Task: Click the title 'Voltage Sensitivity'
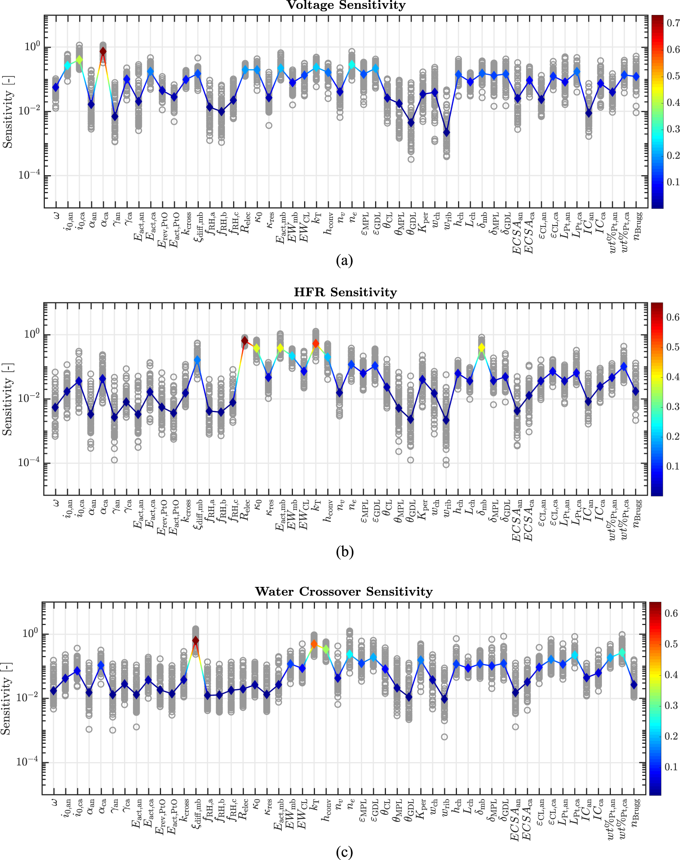point(346,5)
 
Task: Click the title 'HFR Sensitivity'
point(345,292)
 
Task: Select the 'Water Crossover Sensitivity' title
point(344,591)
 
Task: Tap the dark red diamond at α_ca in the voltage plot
point(103,51)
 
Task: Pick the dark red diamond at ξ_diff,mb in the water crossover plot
point(195,640)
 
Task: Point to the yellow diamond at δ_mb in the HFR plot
point(482,348)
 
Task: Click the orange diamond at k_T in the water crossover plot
point(314,644)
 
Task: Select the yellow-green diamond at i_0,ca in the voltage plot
point(79,59)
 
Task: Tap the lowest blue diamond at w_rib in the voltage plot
point(447,133)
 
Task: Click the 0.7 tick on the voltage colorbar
point(673,23)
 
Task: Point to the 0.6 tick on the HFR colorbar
point(672,317)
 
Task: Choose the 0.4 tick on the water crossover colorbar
point(671,674)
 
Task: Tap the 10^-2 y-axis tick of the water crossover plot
point(28,697)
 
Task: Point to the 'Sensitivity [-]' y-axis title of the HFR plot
point(7,399)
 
